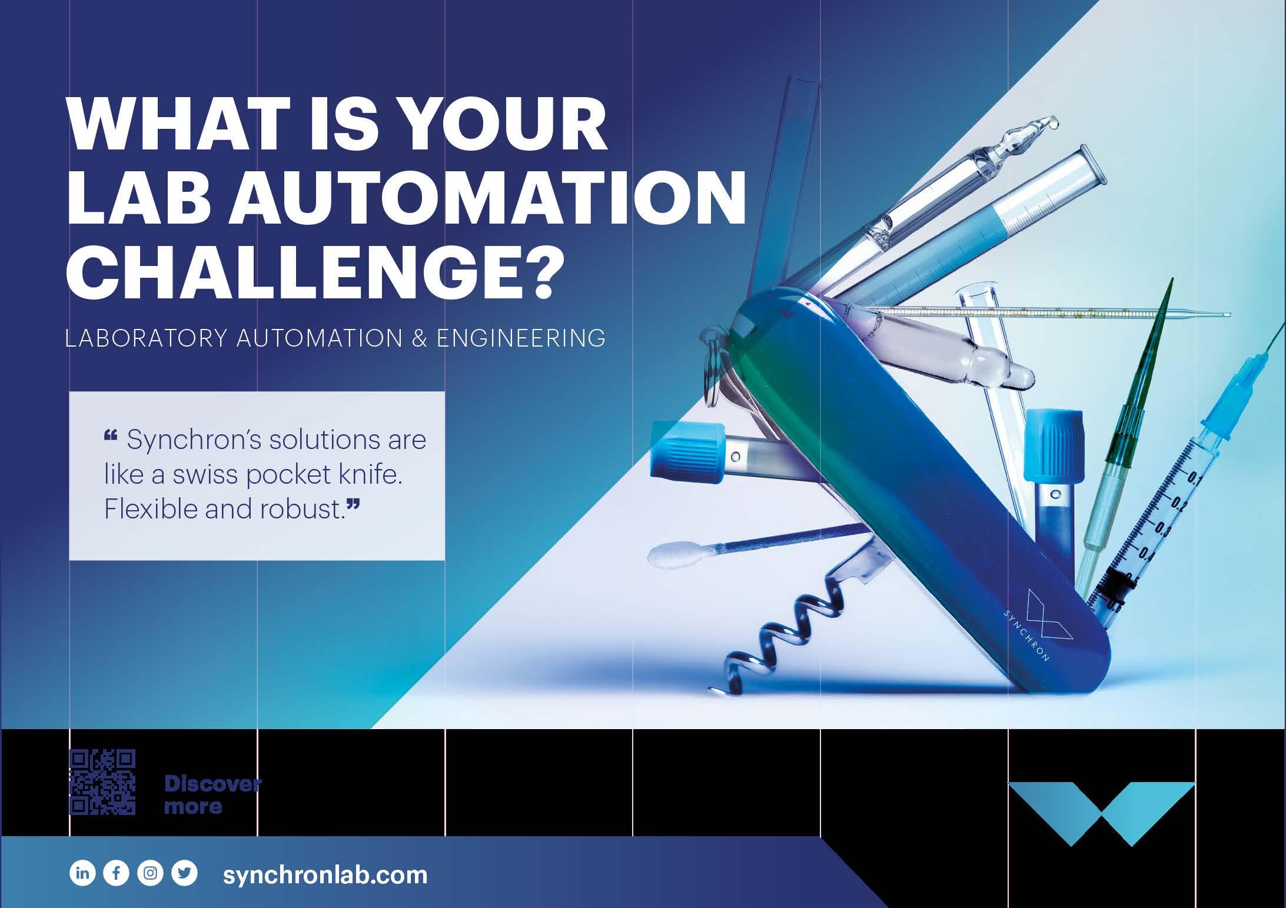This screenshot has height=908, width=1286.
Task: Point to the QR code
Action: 103,782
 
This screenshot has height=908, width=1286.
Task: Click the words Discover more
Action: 212,794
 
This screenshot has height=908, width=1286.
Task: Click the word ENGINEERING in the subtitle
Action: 521,339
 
